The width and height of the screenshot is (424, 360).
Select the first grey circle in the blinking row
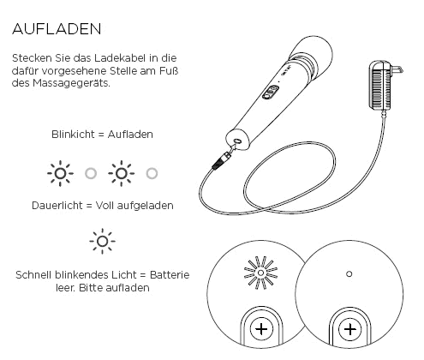coord(91,174)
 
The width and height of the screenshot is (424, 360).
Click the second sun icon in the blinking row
coord(121,174)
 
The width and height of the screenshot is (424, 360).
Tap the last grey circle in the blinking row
coord(152,174)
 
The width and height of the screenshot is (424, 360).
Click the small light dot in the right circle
coord(348,274)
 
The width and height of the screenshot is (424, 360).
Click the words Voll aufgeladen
coord(139,206)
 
